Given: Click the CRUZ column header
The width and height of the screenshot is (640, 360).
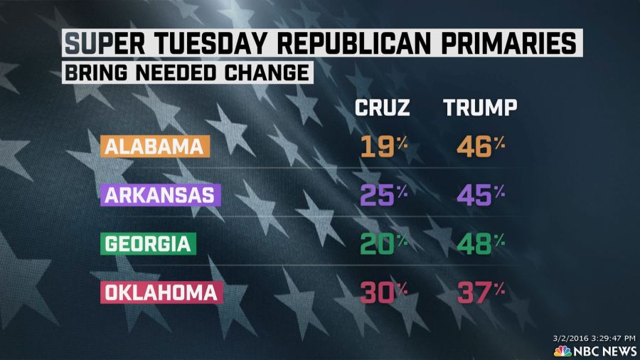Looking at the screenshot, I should pos(383,108).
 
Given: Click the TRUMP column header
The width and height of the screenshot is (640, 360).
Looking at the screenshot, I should pos(480,108).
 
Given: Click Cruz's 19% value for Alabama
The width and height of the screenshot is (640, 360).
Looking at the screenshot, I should pos(383,147).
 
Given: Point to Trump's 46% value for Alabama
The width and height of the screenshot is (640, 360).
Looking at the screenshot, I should pos(480,147).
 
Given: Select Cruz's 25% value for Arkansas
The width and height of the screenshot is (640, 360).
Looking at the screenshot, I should pos(383,195).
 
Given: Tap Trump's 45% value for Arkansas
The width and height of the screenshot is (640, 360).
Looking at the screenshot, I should pos(480,195).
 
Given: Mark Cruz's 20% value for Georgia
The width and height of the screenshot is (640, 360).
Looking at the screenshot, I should pos(383,244).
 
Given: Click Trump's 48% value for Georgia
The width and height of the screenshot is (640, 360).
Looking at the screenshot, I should pos(480,244).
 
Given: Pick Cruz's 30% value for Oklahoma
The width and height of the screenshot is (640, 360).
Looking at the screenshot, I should pos(383,292).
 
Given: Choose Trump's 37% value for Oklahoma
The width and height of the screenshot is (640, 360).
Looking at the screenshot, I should pos(480,292).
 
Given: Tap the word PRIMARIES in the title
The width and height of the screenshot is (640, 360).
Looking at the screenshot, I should pos(508,44).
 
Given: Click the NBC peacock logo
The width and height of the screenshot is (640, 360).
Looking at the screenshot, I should pos(562,351).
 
